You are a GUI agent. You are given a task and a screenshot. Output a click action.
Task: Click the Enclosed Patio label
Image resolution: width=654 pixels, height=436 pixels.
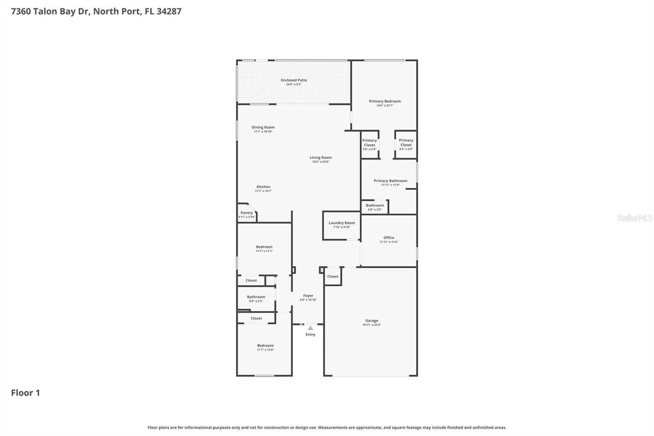[x=293, y=80]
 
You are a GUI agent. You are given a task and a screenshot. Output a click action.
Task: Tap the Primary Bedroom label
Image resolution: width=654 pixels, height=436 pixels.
[x=385, y=101]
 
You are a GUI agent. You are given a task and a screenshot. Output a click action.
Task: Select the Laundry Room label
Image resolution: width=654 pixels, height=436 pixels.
[x=342, y=223]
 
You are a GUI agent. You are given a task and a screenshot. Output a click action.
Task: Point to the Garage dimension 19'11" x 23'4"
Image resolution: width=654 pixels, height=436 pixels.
[x=372, y=325]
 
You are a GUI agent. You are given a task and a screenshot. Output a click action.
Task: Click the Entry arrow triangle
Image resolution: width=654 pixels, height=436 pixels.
[x=310, y=328]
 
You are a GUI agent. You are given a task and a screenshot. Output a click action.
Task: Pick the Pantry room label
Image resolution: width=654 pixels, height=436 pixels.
[x=246, y=213]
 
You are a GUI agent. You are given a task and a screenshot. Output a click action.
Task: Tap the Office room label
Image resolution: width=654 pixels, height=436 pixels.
[x=389, y=238]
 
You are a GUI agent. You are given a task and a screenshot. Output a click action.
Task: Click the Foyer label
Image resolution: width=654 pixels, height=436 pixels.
[x=308, y=296]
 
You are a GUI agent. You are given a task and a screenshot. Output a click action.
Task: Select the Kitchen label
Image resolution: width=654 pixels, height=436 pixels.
[x=263, y=187]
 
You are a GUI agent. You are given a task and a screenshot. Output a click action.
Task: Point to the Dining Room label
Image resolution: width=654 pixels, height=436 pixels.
[x=263, y=127]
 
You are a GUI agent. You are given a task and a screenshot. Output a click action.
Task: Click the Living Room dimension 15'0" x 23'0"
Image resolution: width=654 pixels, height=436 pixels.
[x=320, y=162]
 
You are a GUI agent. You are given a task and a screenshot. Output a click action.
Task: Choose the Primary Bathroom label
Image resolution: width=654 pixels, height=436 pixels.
[x=390, y=181]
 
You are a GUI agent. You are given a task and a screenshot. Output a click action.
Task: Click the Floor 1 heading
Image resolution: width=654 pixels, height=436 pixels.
[x=25, y=393]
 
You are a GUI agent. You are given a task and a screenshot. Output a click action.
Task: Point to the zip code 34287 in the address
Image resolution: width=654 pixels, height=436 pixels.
[x=169, y=11]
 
